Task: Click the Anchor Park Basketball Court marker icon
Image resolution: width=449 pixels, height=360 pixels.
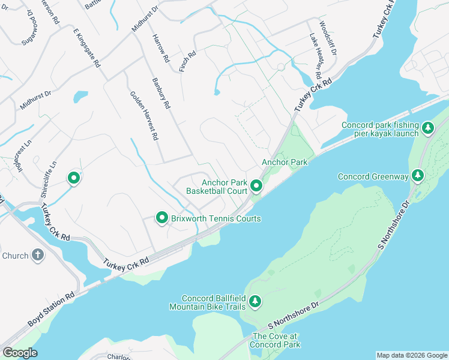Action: tap(256, 187)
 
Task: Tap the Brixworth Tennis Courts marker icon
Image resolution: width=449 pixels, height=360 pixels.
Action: tap(161, 218)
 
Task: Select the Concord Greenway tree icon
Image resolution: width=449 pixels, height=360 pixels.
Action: tap(418, 176)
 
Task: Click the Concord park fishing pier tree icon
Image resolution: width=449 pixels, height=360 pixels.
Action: tap(428, 128)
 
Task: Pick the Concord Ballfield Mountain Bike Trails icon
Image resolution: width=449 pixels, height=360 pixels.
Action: tap(255, 301)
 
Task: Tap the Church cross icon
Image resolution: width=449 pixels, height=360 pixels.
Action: tap(37, 256)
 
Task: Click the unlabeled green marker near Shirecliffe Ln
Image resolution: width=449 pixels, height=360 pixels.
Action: tap(74, 178)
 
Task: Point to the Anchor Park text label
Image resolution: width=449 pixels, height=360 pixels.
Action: tap(285, 162)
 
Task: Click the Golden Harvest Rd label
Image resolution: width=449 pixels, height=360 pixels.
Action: tap(144, 116)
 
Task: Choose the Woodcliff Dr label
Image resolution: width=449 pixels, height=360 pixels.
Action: tap(328, 38)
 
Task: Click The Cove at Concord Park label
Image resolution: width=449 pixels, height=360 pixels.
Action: tap(276, 340)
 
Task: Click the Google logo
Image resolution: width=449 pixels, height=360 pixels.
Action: tap(20, 353)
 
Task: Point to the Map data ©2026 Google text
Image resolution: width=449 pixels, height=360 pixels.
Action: tap(412, 355)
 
